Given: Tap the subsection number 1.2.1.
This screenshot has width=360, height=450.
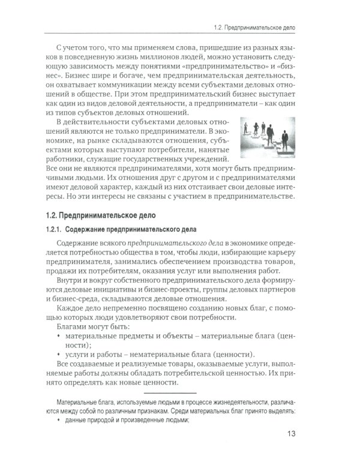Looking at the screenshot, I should tap(56, 230).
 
